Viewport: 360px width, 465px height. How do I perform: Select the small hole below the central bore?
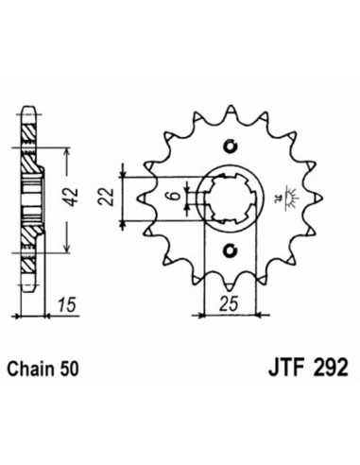[x=228, y=251]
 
